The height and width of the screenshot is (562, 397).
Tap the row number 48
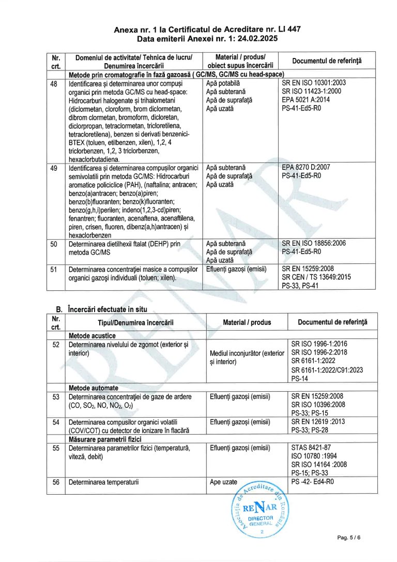(x=54, y=83)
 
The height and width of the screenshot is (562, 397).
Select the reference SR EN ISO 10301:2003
(x=314, y=83)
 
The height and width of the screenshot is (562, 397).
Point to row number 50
(x=54, y=244)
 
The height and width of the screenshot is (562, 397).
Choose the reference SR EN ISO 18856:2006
(x=314, y=244)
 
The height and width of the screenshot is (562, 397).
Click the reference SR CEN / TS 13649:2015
(x=316, y=277)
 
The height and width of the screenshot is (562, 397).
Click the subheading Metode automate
(x=93, y=388)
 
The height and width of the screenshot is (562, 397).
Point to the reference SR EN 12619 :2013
(x=317, y=422)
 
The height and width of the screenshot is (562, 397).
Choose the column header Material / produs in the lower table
(x=247, y=322)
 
